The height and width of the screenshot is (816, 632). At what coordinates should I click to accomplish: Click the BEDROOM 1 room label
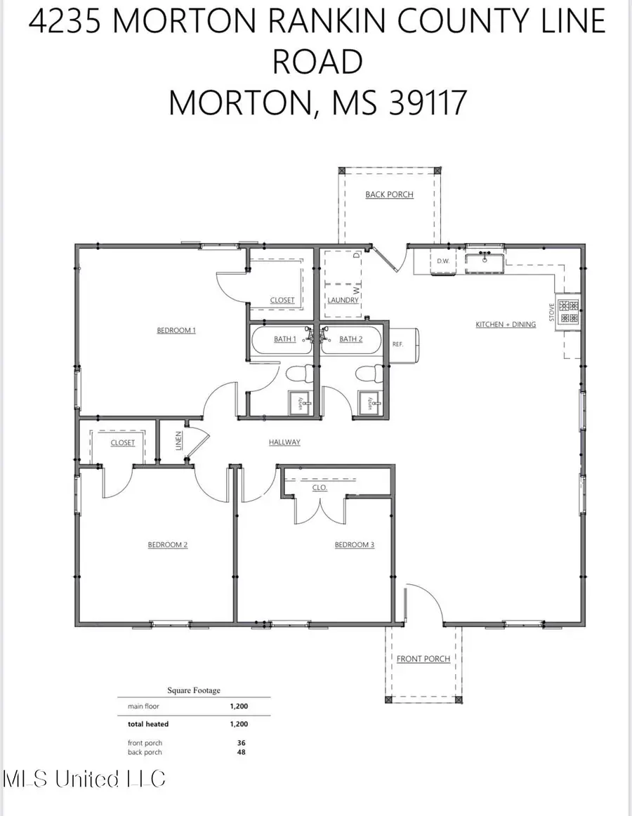click(176, 330)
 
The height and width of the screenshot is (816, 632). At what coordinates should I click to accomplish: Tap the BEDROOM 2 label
click(167, 544)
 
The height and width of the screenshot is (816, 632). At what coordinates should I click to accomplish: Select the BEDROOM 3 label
click(354, 544)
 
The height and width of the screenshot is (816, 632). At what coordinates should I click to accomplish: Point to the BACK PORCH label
click(389, 195)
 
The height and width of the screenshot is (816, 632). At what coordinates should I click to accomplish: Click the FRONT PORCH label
click(423, 659)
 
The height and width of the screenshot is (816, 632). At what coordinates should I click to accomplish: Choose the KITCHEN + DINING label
click(506, 324)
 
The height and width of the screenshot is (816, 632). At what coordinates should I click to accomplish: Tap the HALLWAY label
click(284, 442)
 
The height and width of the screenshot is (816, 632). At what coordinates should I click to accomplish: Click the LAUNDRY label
click(343, 300)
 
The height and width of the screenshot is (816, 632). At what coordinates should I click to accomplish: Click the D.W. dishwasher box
click(443, 262)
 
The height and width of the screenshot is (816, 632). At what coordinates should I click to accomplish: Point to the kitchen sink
click(482, 262)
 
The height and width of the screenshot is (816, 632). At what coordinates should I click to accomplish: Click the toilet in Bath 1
click(293, 374)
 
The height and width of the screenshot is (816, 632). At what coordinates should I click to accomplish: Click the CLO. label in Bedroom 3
click(319, 487)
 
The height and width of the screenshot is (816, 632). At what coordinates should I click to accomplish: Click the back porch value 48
click(242, 752)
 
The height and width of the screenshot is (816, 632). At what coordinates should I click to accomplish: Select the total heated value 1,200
click(239, 724)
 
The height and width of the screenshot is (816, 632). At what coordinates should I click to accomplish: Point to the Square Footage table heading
click(193, 690)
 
